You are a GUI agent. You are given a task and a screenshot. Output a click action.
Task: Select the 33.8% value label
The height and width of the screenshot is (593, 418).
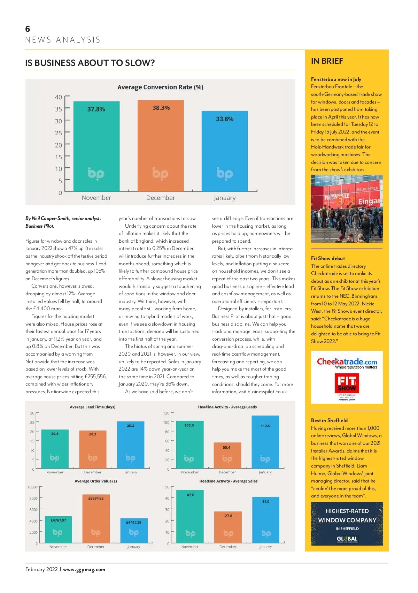click(225, 119)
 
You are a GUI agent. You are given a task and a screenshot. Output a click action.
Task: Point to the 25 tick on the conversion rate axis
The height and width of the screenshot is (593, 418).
click(59, 133)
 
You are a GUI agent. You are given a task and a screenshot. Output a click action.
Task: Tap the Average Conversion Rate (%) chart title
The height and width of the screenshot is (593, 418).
click(160, 87)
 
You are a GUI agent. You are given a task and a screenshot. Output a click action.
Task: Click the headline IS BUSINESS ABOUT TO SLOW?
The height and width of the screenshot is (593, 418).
click(90, 63)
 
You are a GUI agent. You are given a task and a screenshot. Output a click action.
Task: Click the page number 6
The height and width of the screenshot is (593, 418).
click(28, 29)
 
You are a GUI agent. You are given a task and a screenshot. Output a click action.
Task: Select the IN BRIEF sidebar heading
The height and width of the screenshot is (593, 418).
click(327, 61)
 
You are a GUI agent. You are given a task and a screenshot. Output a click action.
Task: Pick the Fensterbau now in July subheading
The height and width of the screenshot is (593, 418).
click(336, 79)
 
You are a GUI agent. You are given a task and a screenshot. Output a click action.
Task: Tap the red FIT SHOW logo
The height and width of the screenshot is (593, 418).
click(347, 383)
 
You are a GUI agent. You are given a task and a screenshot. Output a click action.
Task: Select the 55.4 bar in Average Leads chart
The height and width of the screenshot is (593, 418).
click(227, 455)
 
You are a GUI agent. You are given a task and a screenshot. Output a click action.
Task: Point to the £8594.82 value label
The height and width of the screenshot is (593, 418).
click(96, 499)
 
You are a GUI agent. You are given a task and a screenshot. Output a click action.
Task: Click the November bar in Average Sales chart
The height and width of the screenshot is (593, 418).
click(190, 516)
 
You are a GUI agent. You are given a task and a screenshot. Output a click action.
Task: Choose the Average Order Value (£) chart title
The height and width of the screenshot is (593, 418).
click(96, 481)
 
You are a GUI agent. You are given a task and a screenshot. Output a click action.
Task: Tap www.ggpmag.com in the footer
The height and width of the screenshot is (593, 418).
click(84, 570)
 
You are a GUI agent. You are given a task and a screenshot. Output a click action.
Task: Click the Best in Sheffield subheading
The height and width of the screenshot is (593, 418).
click(329, 420)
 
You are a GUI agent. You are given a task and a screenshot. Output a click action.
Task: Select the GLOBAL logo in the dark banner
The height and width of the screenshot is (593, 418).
click(347, 539)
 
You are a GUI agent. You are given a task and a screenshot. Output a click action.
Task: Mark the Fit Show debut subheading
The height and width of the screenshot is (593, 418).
click(328, 258)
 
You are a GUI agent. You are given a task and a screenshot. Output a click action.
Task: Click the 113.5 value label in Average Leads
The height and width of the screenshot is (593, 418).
click(265, 426)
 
